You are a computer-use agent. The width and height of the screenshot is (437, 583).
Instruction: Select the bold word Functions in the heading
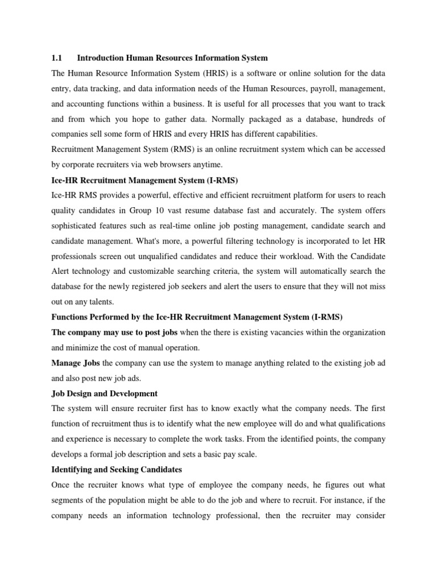coord(72,317)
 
